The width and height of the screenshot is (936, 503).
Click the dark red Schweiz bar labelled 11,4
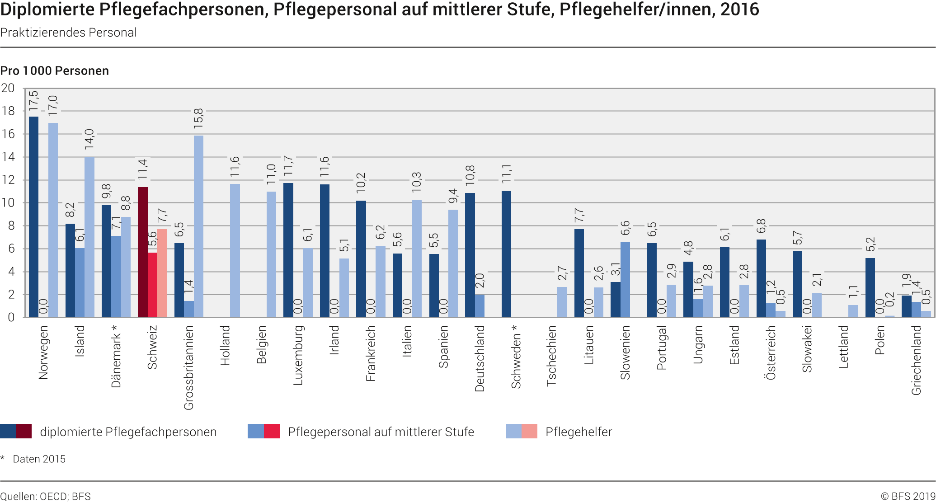[x=143, y=252]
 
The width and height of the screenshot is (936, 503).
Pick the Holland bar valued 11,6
[x=235, y=250]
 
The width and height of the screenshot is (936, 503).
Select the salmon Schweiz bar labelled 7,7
[x=162, y=273]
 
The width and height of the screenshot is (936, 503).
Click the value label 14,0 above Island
[x=89, y=139]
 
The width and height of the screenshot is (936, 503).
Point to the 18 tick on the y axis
[x=8, y=111]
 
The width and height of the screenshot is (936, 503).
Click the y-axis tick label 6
[x=11, y=249]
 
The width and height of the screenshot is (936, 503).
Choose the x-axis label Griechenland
[x=916, y=360]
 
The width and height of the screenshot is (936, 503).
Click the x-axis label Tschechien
[x=551, y=356]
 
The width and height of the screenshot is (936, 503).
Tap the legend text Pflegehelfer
[x=579, y=432]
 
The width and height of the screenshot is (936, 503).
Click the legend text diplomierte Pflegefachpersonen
[x=128, y=432]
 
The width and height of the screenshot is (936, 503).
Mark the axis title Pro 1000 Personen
[x=55, y=71]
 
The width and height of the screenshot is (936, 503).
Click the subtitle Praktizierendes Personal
[x=68, y=33]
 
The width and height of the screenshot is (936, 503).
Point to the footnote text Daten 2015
[x=39, y=459]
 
